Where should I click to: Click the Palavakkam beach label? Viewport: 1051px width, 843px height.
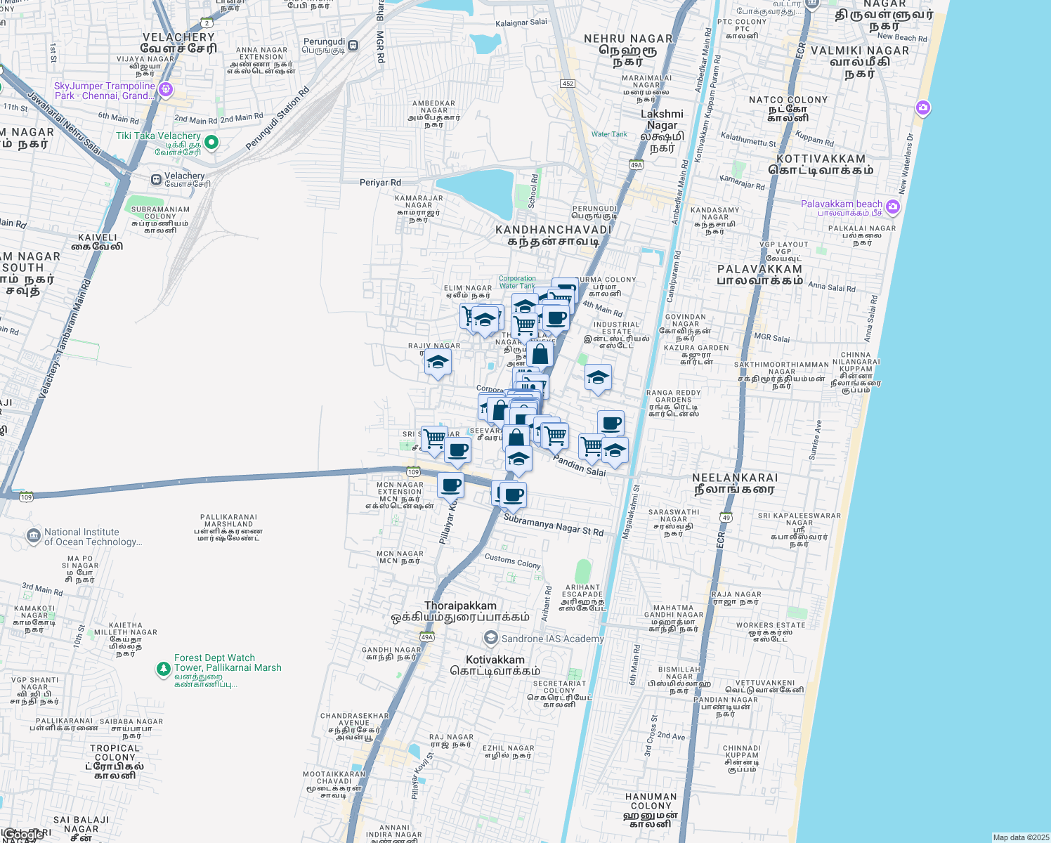(x=842, y=204)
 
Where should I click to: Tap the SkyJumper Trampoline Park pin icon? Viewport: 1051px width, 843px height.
(x=166, y=89)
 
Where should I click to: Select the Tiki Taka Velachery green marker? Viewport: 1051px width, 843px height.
(x=211, y=143)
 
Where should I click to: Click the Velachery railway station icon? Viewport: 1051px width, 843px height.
(x=156, y=180)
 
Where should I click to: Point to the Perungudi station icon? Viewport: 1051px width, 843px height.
(x=353, y=46)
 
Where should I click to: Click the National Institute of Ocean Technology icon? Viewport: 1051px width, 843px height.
(x=33, y=537)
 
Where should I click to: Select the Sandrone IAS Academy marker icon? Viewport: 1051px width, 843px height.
(x=491, y=639)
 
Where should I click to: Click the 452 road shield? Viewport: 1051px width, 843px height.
(x=568, y=84)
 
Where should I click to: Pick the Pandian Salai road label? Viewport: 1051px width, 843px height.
(x=579, y=465)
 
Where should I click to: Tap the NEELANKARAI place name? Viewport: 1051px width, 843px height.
(x=735, y=478)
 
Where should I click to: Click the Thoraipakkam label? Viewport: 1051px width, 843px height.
(x=460, y=606)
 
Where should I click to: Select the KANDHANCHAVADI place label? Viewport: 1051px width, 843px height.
(x=554, y=230)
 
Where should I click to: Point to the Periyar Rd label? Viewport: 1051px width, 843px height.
(x=380, y=183)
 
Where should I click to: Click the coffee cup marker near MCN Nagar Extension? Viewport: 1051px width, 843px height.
(x=450, y=484)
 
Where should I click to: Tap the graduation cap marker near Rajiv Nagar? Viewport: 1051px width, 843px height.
(x=438, y=362)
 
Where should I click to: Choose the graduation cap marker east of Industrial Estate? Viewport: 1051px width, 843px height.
(x=598, y=377)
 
